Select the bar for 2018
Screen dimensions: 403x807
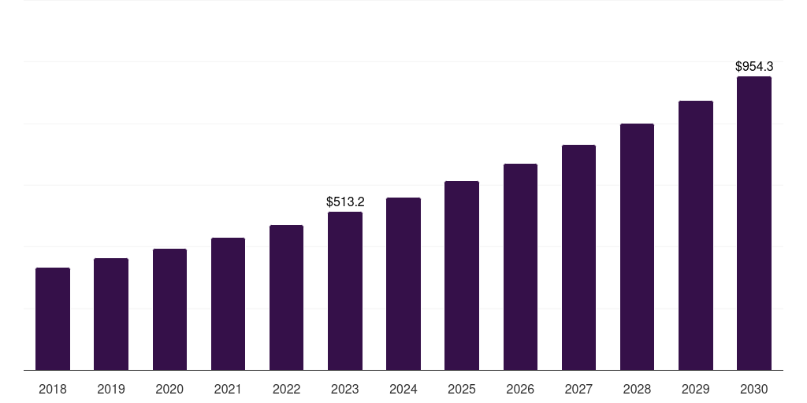tap(53, 319)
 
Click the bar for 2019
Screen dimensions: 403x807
tap(111, 314)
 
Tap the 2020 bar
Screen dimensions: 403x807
tap(169, 309)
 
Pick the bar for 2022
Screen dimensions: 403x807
tap(286, 298)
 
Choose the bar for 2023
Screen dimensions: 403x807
tap(345, 291)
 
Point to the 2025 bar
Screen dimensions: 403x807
tap(462, 275)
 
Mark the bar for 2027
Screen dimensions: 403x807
tap(578, 257)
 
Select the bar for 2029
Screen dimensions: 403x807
tap(695, 235)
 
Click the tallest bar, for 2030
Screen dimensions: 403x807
tap(754, 224)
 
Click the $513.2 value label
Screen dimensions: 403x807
tap(345, 202)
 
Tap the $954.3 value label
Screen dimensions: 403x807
tap(754, 67)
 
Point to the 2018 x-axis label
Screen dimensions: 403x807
tap(53, 389)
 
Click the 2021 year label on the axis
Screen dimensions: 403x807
tap(228, 389)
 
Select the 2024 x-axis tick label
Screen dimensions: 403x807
tap(403, 389)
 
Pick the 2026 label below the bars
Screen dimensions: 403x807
tap(520, 389)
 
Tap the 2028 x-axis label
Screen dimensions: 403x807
tap(637, 389)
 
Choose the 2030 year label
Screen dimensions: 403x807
tap(754, 389)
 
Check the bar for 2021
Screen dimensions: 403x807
tap(228, 304)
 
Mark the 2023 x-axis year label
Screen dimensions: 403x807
tap(345, 389)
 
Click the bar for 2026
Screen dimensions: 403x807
tap(520, 267)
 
